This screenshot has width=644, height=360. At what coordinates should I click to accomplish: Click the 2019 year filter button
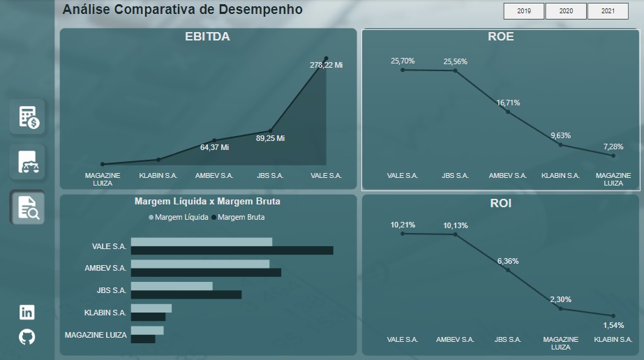coord(524,11)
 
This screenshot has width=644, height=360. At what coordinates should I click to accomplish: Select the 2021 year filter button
coord(608,11)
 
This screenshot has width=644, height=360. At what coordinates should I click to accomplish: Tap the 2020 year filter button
coord(566,11)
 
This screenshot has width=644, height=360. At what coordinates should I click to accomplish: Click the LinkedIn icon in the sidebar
coord(27,313)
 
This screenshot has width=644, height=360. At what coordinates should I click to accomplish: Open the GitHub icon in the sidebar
coord(27,337)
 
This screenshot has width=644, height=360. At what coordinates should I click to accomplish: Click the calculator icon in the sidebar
coord(28,117)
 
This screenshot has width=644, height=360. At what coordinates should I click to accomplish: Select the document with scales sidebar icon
coord(28,162)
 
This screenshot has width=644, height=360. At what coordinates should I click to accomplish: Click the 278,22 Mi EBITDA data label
coord(326,65)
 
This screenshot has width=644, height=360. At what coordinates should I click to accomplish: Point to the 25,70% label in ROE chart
coord(403,61)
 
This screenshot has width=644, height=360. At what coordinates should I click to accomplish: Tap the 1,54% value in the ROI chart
coord(613,326)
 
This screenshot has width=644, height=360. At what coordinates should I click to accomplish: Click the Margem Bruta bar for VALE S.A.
coord(232,250)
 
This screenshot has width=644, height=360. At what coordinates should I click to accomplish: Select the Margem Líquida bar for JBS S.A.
coord(172,286)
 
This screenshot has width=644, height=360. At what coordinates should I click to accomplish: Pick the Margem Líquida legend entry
coord(179,217)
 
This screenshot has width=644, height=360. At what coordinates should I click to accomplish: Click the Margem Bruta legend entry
coord(237,217)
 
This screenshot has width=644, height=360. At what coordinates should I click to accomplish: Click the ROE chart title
coord(501,36)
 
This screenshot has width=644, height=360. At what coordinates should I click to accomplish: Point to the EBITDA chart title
coord(207,36)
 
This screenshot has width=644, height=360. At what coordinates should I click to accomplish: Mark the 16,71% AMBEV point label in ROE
coord(508,103)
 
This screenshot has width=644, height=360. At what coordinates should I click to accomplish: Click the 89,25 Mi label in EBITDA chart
coord(270,138)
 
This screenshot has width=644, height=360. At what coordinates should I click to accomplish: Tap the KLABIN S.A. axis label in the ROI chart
coord(613,340)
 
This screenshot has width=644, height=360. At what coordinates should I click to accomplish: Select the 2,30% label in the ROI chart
coord(560,299)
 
